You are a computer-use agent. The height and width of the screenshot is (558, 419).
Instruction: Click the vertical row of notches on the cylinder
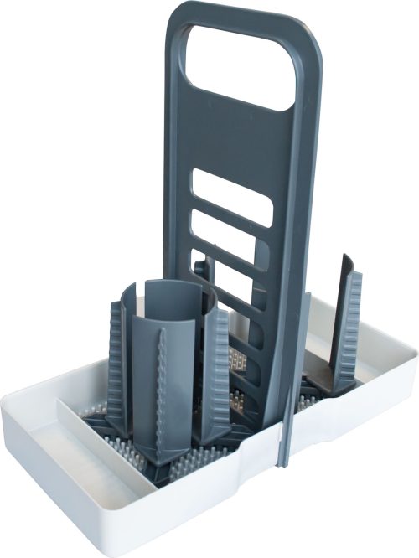pos(159,377)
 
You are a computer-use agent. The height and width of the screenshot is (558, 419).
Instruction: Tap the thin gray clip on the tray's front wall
pos(284,436)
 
